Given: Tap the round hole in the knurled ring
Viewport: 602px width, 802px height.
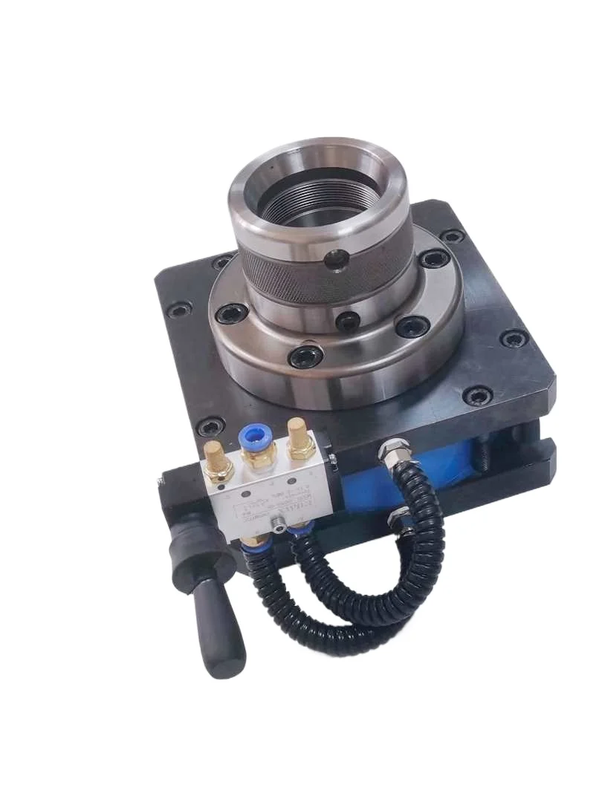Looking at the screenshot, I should pos(336,260).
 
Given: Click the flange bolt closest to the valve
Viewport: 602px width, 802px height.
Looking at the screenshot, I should pos(305,356).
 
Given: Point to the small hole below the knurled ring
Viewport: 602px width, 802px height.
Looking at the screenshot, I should pos(347,322).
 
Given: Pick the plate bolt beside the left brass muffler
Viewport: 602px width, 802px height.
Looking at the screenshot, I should pos(210,426).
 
